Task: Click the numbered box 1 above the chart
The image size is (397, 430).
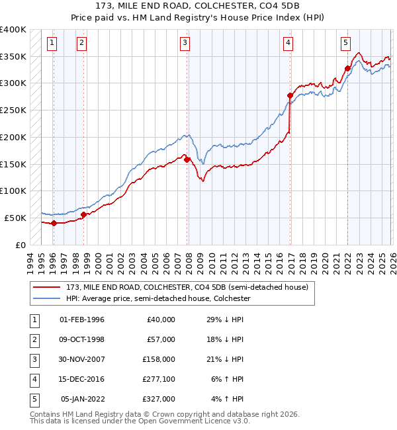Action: (52, 44)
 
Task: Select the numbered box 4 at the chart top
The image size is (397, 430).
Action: (288, 44)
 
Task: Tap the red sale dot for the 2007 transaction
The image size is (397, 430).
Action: (187, 159)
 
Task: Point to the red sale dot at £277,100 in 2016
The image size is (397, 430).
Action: (290, 96)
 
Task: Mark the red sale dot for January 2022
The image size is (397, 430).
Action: (347, 68)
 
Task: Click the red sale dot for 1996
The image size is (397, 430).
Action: (53, 223)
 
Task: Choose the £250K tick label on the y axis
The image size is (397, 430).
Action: (13, 110)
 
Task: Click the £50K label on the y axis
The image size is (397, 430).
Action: (15, 218)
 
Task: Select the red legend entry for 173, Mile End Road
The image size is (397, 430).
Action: (187, 288)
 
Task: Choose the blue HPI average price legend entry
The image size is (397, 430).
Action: (157, 299)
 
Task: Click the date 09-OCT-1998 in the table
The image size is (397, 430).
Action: (82, 339)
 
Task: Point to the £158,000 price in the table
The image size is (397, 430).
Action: (159, 359)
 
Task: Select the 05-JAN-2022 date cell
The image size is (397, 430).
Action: (83, 399)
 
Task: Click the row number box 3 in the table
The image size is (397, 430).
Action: (33, 359)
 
